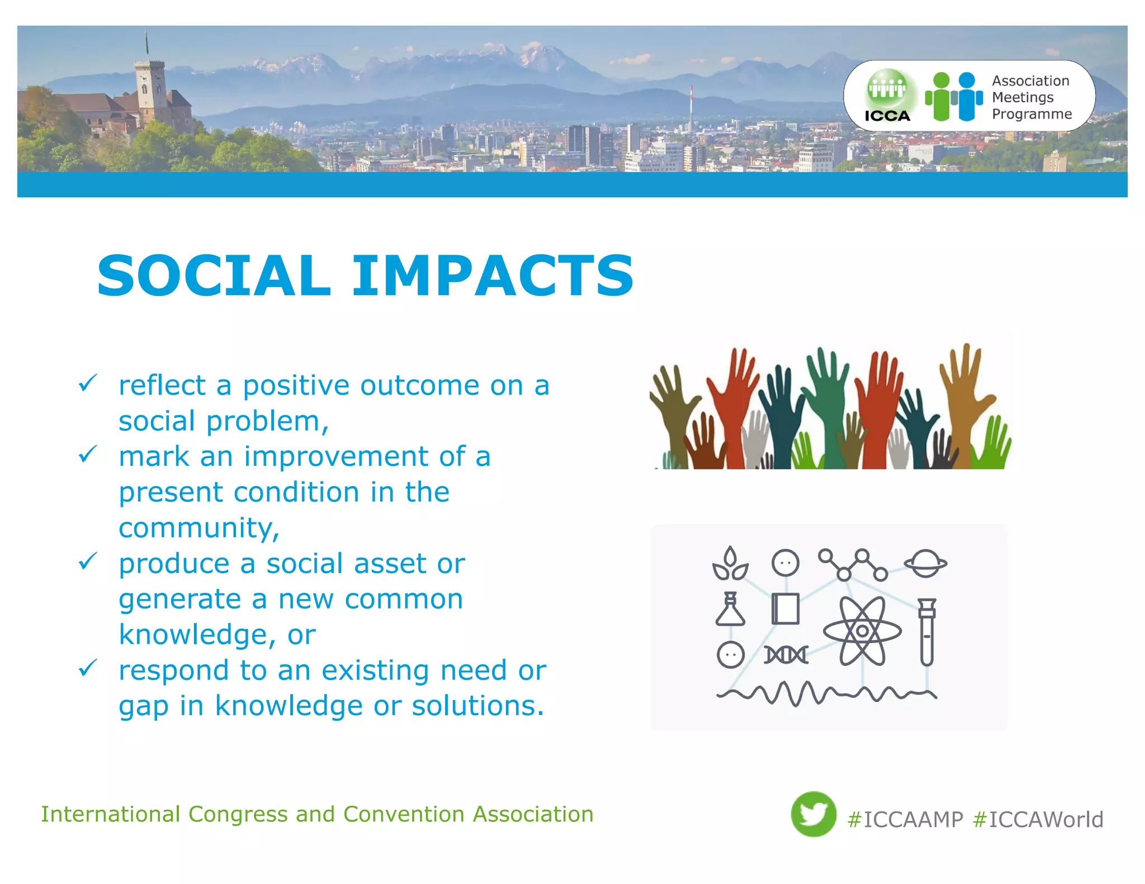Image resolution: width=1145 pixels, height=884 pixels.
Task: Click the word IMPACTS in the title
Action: pos(493,275)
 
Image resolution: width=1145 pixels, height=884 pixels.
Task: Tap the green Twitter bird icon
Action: pos(813,814)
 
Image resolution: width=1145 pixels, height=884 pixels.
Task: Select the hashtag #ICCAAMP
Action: pos(906,820)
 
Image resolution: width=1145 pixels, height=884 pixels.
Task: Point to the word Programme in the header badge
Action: pos(1032,114)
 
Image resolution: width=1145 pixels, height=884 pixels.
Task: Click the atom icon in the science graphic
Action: pos(862,631)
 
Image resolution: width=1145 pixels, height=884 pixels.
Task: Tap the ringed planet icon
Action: pos(925,563)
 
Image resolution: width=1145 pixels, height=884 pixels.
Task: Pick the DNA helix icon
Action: pos(786,655)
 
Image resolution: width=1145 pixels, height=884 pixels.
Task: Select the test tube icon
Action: pos(926,631)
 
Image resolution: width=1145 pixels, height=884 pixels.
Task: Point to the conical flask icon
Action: pos(730,610)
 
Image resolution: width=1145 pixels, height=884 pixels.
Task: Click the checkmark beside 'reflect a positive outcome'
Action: pos(88,383)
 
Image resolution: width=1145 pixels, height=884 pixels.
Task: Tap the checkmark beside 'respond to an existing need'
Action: pos(88,667)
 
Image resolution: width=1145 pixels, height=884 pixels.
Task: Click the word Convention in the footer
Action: pos(404,814)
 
